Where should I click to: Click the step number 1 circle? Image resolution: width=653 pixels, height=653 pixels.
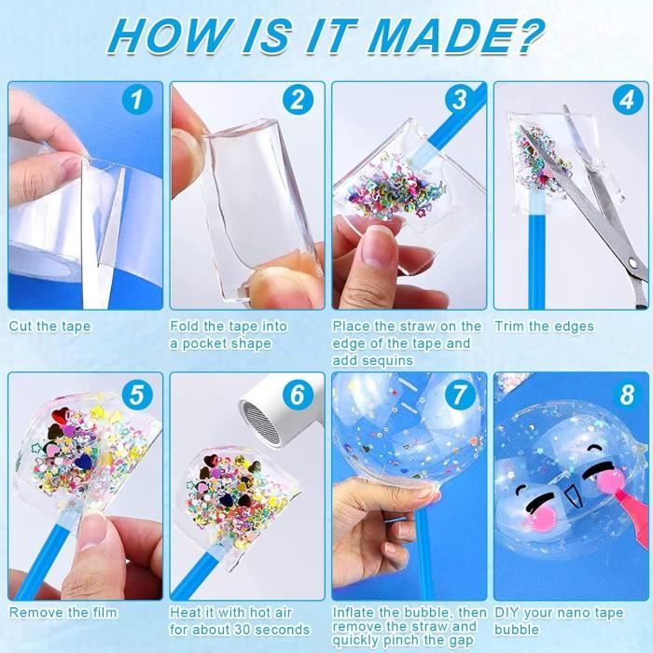(x=137, y=100)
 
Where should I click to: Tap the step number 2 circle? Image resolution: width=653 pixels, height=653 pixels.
(x=298, y=100)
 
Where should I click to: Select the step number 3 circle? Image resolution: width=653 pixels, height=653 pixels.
(x=459, y=100)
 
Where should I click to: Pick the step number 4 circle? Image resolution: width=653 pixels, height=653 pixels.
(x=628, y=100)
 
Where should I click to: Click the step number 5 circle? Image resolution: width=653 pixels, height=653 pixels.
(x=137, y=394)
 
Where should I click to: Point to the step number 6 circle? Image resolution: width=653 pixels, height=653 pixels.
(x=298, y=394)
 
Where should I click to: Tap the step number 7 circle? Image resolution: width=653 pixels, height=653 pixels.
(x=459, y=394)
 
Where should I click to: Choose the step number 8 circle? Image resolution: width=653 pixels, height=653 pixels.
(x=628, y=394)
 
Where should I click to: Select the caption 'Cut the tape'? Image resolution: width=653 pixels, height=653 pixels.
(x=49, y=326)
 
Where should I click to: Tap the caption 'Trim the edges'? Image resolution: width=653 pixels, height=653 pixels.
(x=544, y=326)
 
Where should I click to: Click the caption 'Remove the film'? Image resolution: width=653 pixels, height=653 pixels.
(x=63, y=613)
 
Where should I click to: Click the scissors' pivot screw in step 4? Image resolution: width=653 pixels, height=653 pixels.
(x=633, y=262)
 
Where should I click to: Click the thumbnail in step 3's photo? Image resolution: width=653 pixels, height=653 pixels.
(x=374, y=250)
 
